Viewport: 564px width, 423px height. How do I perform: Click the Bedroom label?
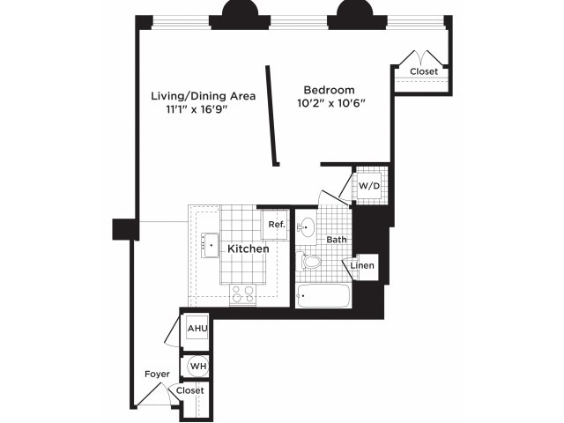point(329,90)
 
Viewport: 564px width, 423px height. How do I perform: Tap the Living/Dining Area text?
point(204,96)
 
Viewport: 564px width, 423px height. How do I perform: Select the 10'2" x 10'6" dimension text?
point(331,104)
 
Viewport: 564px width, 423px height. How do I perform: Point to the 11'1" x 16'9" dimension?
point(197,109)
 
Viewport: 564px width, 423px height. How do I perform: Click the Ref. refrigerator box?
point(274,225)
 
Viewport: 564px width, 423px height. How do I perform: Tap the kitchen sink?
point(210,245)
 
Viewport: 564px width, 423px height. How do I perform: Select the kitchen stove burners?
point(242,293)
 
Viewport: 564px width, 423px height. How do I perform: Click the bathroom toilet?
point(308,262)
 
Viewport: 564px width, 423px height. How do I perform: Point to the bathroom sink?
point(306,227)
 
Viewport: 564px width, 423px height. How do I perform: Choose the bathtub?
point(323,296)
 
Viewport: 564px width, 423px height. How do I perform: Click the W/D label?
point(369,186)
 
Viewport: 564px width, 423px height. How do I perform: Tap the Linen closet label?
point(362,266)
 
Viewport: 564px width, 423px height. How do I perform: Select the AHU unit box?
point(197,328)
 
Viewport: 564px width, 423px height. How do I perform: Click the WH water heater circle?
point(198,367)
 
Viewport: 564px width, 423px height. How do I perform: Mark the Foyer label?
point(157,375)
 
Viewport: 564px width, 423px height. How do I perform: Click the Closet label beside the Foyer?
point(190,390)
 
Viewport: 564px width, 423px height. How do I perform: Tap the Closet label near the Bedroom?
point(424,71)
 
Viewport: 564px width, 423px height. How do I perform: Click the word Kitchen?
point(249,249)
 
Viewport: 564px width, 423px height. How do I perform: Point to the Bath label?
point(337,240)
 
